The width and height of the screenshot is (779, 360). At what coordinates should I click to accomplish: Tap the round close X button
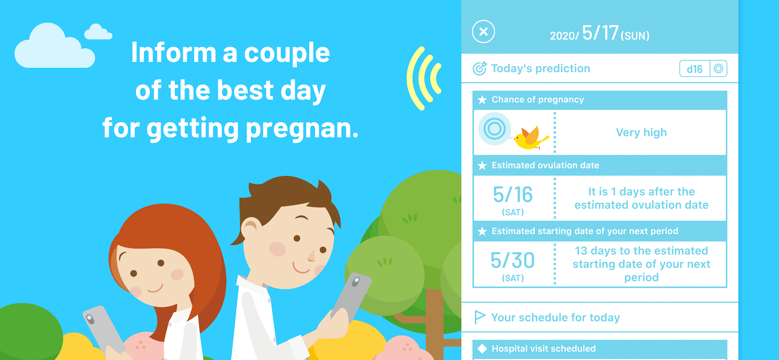pyautogui.click(x=483, y=31)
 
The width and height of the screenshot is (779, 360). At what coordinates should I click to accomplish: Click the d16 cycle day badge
pyautogui.click(x=694, y=69)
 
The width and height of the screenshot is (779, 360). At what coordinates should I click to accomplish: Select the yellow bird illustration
pyautogui.click(x=531, y=138)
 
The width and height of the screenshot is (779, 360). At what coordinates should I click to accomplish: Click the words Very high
pyautogui.click(x=641, y=132)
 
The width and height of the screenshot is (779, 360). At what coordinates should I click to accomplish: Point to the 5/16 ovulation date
pyautogui.click(x=513, y=195)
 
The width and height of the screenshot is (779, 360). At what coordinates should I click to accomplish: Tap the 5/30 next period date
pyautogui.click(x=513, y=261)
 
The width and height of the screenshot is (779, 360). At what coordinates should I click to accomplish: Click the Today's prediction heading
pyautogui.click(x=540, y=68)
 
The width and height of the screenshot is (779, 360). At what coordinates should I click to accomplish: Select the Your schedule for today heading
pyautogui.click(x=555, y=318)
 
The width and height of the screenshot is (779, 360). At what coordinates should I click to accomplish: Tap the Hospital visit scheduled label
pyautogui.click(x=544, y=349)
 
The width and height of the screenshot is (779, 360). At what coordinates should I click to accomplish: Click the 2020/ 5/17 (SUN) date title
pyautogui.click(x=599, y=33)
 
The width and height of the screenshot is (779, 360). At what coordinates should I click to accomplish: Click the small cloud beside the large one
pyautogui.click(x=98, y=31)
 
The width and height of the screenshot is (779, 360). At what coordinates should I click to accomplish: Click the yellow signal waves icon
pyautogui.click(x=423, y=79)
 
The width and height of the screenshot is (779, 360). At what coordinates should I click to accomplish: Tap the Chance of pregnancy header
pyautogui.click(x=538, y=99)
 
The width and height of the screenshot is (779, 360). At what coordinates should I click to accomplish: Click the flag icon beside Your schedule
pyautogui.click(x=480, y=317)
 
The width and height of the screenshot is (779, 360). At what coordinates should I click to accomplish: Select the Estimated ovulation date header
pyautogui.click(x=545, y=165)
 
